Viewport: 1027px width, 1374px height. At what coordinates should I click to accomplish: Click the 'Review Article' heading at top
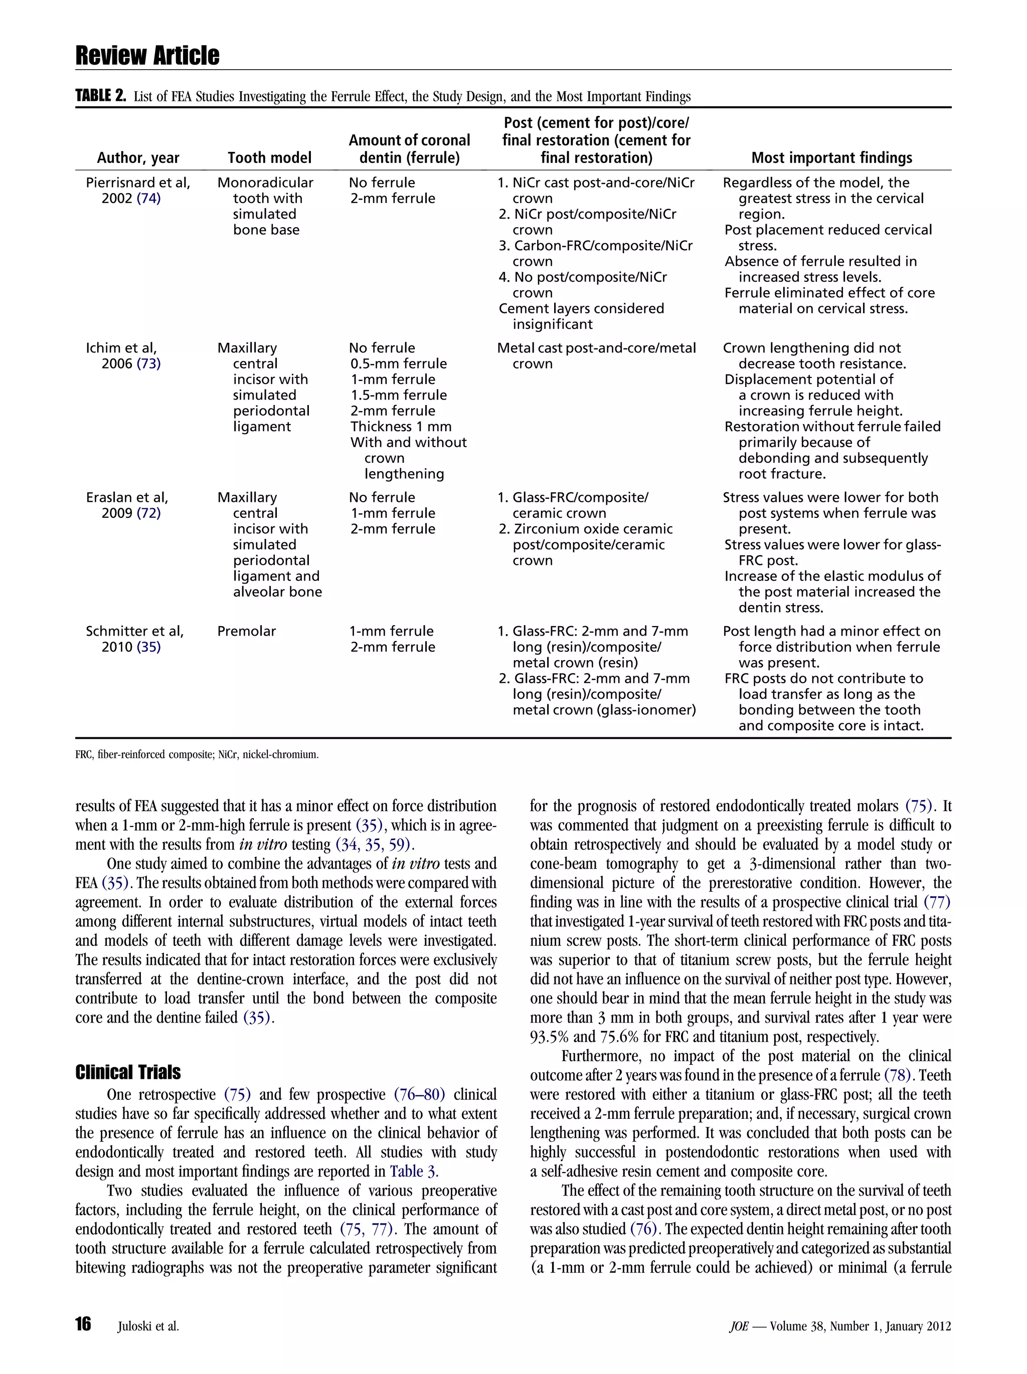point(147,56)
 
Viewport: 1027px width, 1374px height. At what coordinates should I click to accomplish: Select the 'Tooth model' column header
point(269,158)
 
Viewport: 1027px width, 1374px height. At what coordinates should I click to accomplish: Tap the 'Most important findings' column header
point(831,158)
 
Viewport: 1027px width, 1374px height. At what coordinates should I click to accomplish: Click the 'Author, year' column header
point(138,158)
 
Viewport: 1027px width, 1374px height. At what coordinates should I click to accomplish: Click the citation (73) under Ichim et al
point(148,364)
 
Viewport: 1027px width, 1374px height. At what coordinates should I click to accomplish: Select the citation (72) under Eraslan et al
point(148,513)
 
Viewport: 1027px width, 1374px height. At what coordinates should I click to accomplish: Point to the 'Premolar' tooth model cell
point(247,631)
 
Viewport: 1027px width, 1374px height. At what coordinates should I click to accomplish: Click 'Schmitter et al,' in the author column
point(135,631)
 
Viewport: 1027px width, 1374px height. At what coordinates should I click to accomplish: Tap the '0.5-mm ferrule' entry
point(398,364)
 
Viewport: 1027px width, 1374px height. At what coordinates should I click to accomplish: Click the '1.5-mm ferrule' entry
point(398,395)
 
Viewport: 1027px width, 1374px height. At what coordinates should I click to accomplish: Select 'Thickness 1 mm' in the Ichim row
point(401,427)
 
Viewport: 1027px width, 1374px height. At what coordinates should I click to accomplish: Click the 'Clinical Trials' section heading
point(128,1072)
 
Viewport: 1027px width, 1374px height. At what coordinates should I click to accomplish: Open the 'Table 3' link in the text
point(414,1171)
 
